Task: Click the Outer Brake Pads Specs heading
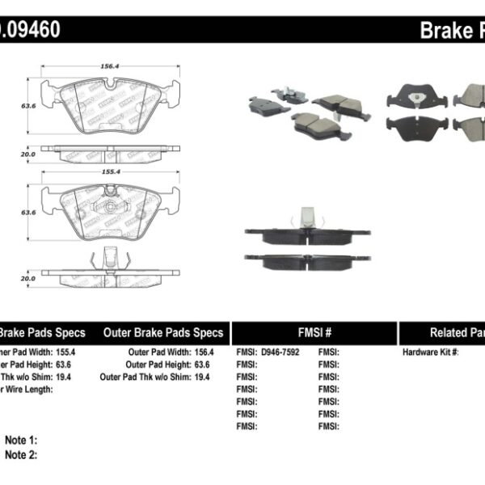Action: click(163, 332)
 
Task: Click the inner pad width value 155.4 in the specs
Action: click(67, 352)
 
